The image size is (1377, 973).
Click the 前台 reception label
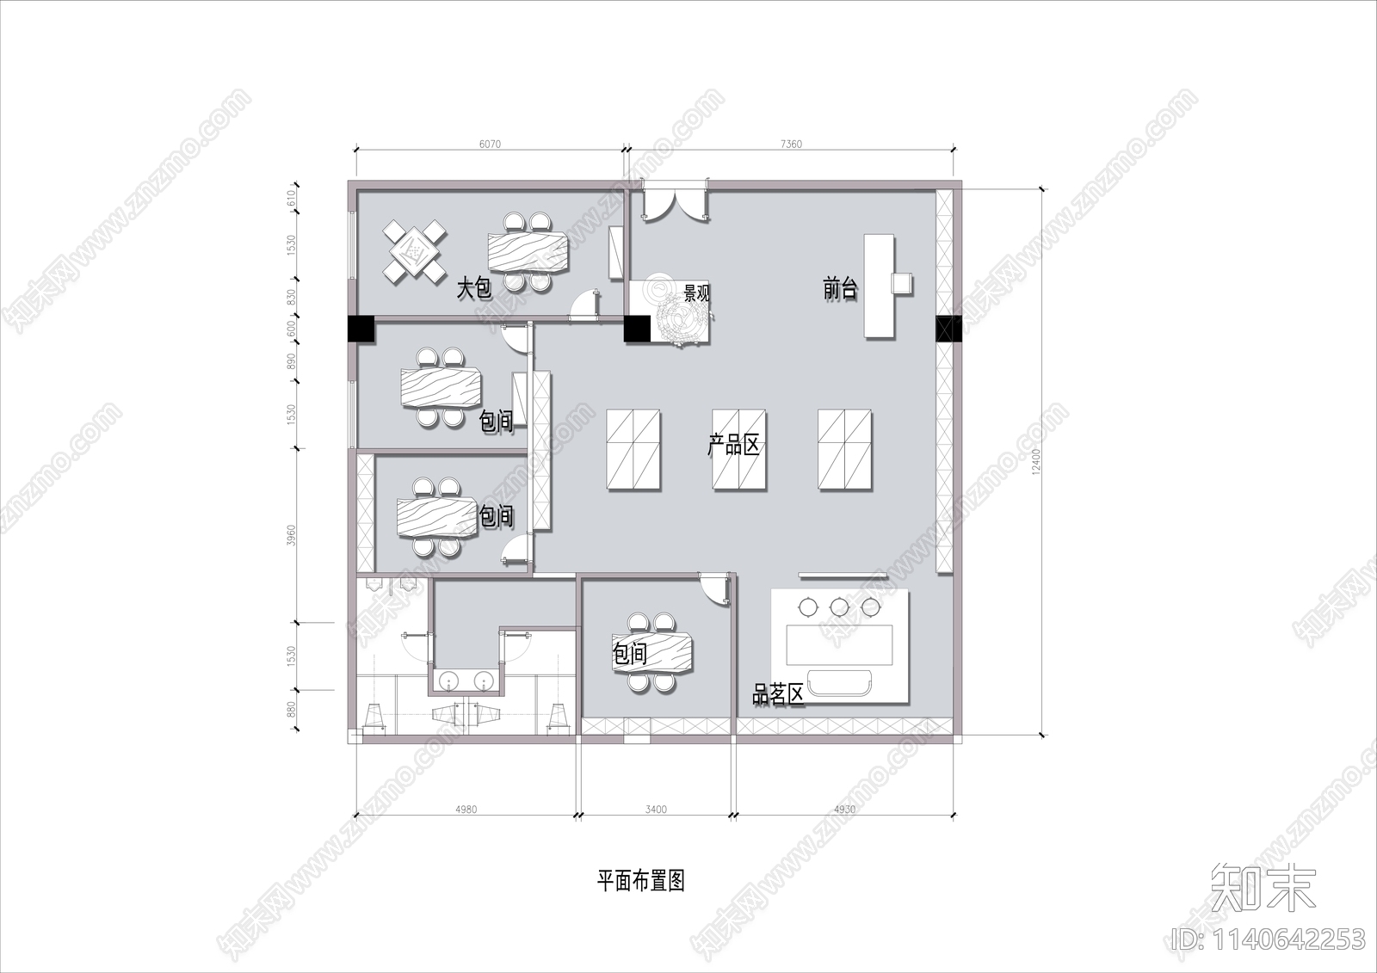pos(840,289)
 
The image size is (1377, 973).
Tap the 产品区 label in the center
pos(734,446)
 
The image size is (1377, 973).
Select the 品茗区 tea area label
pos(778,695)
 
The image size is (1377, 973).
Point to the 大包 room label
pos(473,287)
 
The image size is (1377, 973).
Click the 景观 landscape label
pos(696,293)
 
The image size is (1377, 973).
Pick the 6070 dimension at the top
pos(489,145)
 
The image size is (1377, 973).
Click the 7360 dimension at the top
pos(791,145)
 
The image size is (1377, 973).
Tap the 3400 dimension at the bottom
pos(656,810)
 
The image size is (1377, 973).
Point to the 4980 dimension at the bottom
pos(466,810)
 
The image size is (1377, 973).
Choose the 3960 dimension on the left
pos(291,536)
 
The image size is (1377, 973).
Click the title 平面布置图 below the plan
pos(641,881)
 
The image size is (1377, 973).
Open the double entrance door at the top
pos(676,206)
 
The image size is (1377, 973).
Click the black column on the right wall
pos(948,329)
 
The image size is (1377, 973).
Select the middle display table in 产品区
pos(738,450)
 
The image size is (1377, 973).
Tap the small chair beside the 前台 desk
pos(902,283)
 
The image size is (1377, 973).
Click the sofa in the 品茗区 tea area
pos(840,680)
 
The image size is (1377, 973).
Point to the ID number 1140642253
pos(1269,939)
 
